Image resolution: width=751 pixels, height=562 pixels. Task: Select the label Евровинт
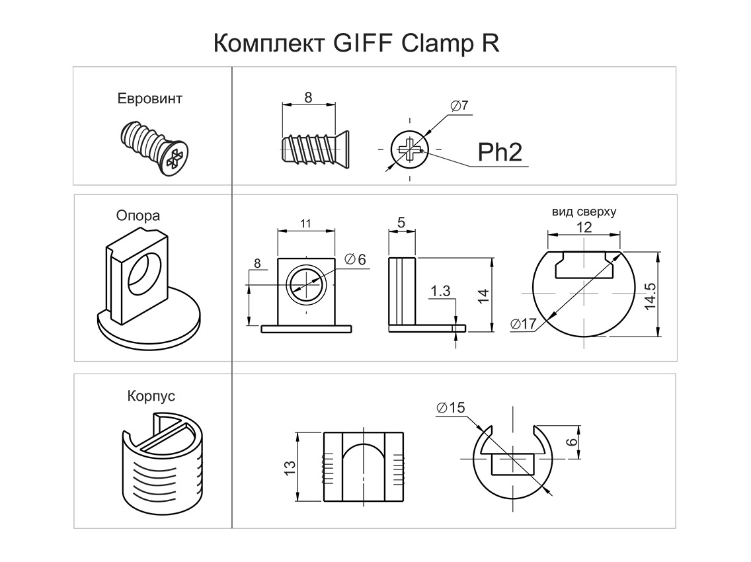pos(149,99)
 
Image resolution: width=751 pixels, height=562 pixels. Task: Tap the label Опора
pos(138,216)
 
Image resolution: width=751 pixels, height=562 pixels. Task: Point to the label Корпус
pos(151,396)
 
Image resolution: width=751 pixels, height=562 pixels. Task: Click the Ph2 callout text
pos(500,153)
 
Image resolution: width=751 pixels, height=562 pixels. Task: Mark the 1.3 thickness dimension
pos(440,290)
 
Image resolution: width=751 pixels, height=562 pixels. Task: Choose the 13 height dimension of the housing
pos(290,467)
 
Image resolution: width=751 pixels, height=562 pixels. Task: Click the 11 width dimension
pos(305,223)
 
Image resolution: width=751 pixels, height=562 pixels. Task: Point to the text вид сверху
pos(584,212)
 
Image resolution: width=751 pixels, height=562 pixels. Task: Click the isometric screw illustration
pos(155,147)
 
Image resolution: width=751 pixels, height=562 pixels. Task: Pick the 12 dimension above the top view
pos(584,227)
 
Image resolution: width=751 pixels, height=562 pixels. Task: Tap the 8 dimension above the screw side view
pos(308,97)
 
